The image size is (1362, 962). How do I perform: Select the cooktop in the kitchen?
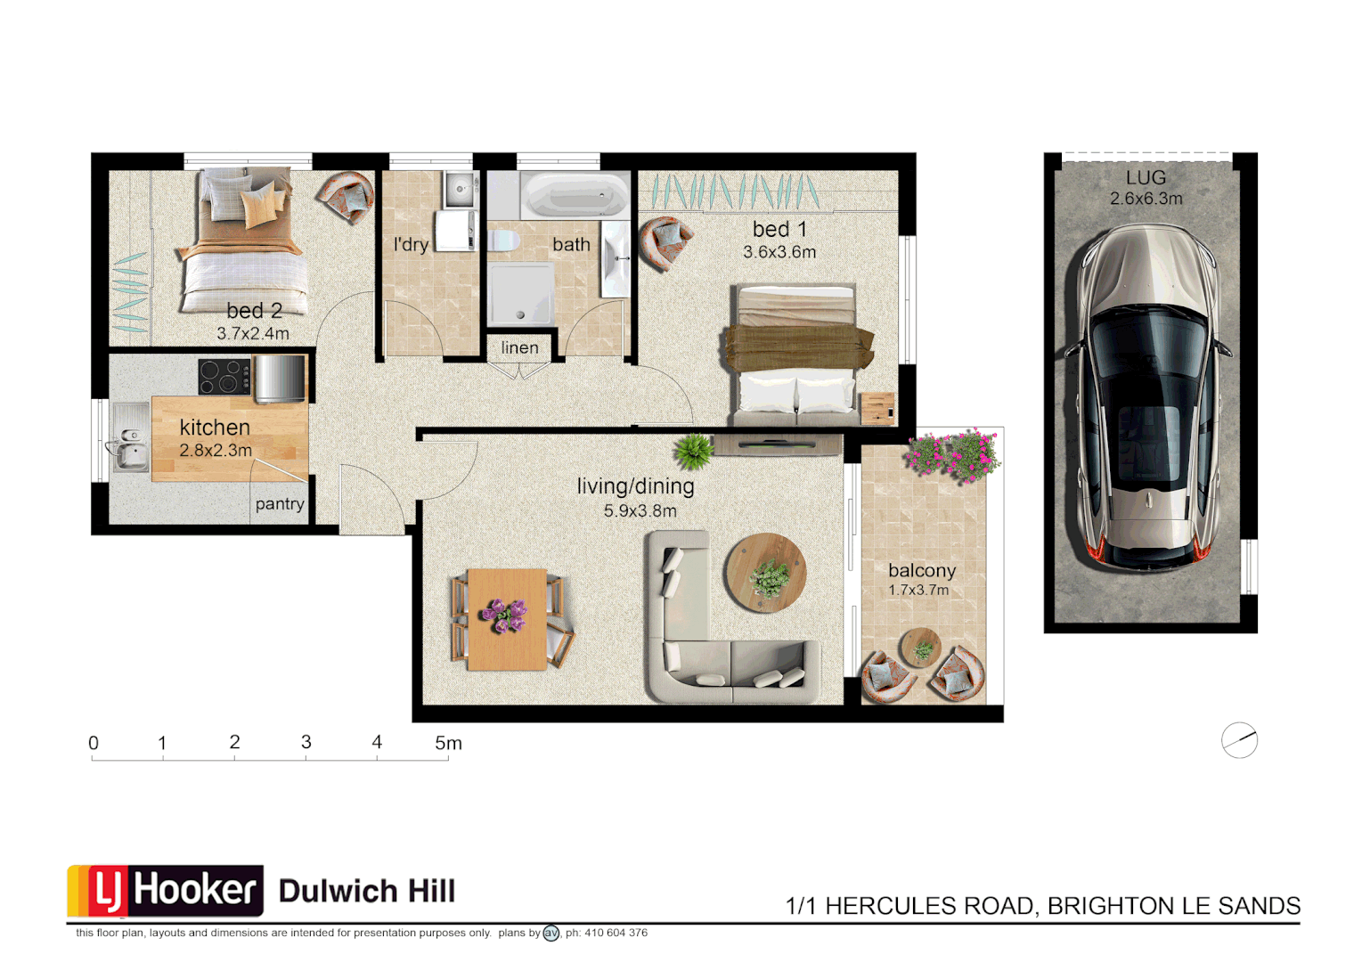(224, 376)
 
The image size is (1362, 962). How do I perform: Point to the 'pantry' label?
(280, 504)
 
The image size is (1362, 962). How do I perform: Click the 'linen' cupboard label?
(519, 347)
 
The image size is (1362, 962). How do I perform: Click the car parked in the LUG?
(1146, 396)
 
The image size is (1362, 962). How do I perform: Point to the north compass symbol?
(1239, 740)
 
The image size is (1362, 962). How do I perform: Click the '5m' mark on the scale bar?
(448, 744)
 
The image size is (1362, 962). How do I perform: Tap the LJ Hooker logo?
(166, 891)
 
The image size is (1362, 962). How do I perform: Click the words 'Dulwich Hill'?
(367, 892)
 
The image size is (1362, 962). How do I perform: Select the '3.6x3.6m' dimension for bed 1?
(779, 252)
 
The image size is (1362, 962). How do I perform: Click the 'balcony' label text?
(922, 570)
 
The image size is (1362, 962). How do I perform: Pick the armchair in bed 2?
(346, 196)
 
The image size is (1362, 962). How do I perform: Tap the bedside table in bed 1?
(878, 409)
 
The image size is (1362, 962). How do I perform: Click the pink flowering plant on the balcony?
(953, 454)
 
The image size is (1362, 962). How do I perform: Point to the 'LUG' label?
(1146, 178)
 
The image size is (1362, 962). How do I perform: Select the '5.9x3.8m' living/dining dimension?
(640, 511)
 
